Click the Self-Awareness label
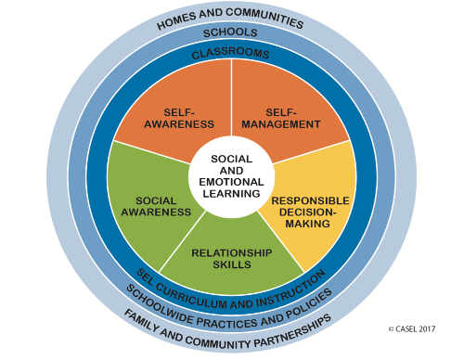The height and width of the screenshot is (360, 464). click(x=179, y=118)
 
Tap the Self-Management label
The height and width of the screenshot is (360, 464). click(x=281, y=118)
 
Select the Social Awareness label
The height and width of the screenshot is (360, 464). click(x=156, y=206)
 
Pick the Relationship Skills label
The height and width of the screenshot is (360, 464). click(x=232, y=259)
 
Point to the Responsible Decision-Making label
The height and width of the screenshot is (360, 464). click(x=310, y=212)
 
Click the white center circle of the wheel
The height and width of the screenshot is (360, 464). click(x=231, y=177)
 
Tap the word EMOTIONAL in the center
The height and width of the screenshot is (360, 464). click(x=231, y=182)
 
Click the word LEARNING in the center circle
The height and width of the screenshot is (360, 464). click(x=231, y=194)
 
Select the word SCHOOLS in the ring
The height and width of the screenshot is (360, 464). click(x=230, y=32)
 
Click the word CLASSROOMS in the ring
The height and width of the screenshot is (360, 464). click(x=230, y=53)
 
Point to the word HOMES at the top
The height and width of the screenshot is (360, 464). click(x=176, y=21)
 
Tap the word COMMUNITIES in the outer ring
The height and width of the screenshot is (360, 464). click(x=264, y=18)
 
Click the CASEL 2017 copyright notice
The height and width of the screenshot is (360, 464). click(x=412, y=328)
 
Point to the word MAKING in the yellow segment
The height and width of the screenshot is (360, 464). click(x=307, y=224)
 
